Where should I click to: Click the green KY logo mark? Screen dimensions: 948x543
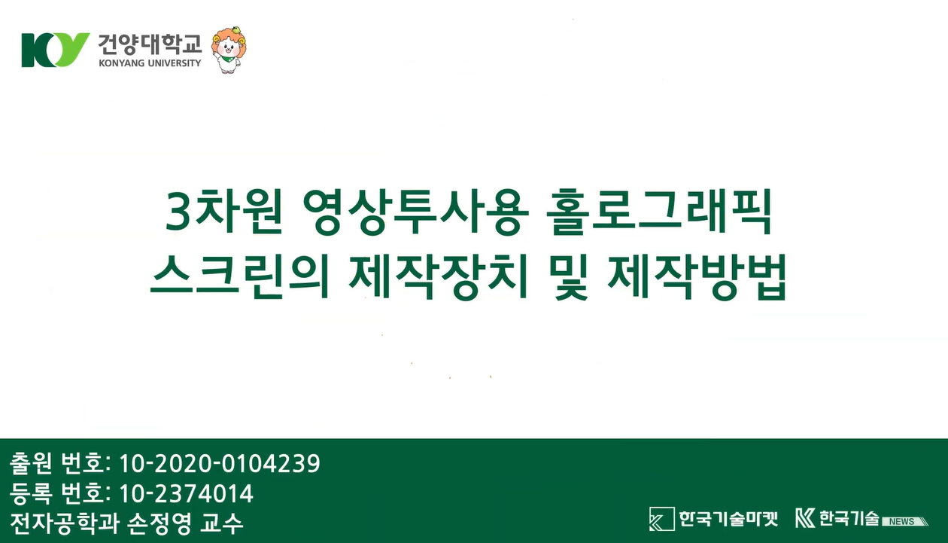pyautogui.click(x=55, y=50)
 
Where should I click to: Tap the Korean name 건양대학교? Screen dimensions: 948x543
pyautogui.click(x=150, y=44)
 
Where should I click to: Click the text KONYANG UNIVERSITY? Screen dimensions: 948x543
pyautogui.click(x=150, y=63)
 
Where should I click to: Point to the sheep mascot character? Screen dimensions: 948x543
pyautogui.click(x=229, y=50)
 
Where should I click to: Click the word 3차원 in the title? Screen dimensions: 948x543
pyautogui.click(x=223, y=212)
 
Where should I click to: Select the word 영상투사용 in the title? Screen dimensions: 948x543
pyautogui.click(x=416, y=212)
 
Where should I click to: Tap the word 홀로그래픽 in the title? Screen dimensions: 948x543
pyautogui.click(x=659, y=212)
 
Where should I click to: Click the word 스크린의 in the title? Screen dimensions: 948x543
pyautogui.click(x=239, y=277)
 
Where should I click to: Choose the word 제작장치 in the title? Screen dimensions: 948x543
pyautogui.click(x=438, y=277)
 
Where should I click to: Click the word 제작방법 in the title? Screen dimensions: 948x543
pyautogui.click(x=697, y=277)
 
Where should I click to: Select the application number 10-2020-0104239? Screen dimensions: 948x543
pyautogui.click(x=220, y=463)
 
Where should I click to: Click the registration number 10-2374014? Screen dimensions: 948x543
pyautogui.click(x=187, y=494)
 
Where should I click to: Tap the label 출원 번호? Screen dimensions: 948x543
pyautogui.click(x=60, y=463)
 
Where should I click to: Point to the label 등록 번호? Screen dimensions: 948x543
pyautogui.click(x=60, y=494)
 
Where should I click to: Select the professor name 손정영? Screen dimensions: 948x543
pyautogui.click(x=160, y=524)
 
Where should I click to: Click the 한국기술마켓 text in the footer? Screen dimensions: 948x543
pyautogui.click(x=728, y=519)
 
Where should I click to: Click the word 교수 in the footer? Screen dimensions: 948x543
pyautogui.click(x=221, y=524)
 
